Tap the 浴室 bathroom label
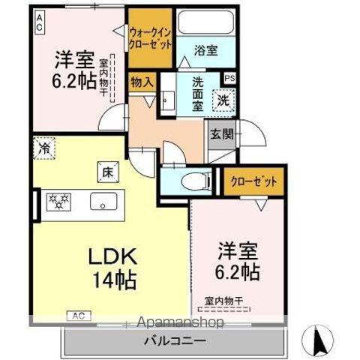click(x=205, y=50)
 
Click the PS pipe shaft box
click(x=229, y=76)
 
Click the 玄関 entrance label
click(x=221, y=135)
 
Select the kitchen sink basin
click(x=102, y=202)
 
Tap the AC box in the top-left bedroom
click(x=39, y=22)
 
